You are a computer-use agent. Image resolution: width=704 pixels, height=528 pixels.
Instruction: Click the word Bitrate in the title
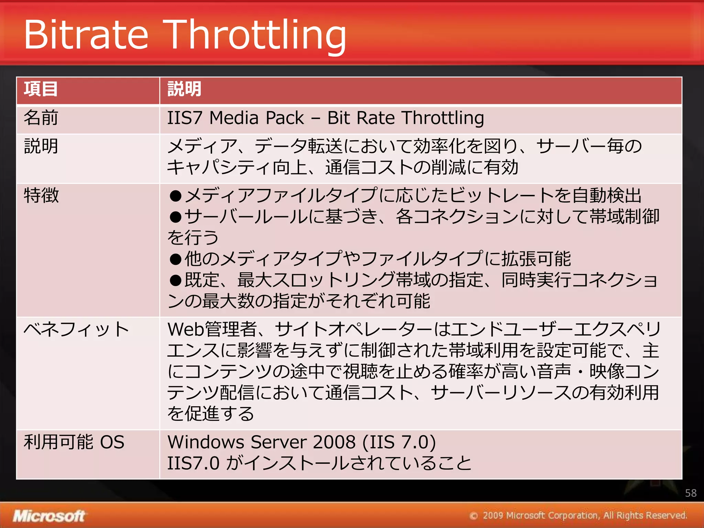(86, 34)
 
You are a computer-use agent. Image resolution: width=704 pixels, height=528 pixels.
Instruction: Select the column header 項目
(41, 89)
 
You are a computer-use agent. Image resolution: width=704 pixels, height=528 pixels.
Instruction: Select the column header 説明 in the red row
(184, 89)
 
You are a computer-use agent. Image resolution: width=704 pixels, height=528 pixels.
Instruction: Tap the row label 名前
(41, 118)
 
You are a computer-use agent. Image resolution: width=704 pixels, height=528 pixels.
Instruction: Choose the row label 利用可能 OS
(74, 442)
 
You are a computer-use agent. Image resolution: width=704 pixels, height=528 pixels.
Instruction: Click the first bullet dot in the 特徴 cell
(175, 196)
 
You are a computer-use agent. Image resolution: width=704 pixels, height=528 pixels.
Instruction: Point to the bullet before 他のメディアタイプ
(175, 259)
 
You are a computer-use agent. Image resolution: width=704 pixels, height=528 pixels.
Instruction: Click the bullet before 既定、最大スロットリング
(175, 280)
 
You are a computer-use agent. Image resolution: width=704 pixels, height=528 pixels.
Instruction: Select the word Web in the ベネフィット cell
(186, 329)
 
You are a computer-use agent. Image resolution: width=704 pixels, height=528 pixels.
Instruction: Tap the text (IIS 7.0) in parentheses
(399, 442)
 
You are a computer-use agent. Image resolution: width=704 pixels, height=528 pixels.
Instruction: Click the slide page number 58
(691, 493)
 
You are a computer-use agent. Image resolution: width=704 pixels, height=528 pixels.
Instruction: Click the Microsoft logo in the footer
(49, 516)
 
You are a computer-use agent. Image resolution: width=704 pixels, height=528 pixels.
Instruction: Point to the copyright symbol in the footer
(474, 516)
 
